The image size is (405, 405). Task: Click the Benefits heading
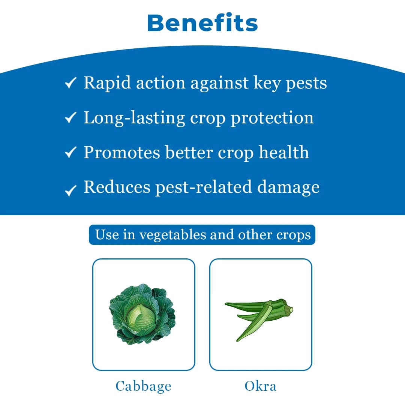202,23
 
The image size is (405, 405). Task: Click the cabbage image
142,314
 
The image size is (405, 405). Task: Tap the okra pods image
259,317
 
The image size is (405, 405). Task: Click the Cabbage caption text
143,386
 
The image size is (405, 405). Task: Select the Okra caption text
260,386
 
